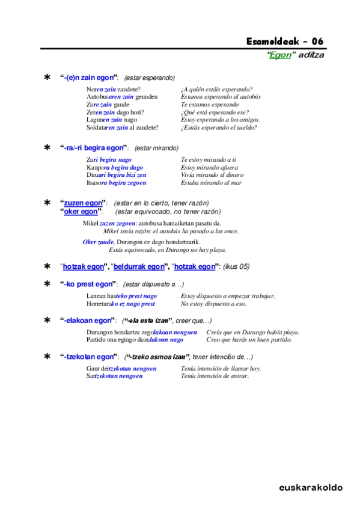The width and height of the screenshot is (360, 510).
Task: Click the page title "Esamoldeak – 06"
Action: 285,41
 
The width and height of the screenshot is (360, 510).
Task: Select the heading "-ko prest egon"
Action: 89,284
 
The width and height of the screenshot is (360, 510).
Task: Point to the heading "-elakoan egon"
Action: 88,321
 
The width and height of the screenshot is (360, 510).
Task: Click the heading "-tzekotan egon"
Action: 89,357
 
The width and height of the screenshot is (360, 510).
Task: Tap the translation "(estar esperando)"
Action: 150,78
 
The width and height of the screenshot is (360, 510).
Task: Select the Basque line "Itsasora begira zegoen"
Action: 116,182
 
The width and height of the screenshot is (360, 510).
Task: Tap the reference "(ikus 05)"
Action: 236,266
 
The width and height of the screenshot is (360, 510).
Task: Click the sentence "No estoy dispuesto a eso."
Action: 213,304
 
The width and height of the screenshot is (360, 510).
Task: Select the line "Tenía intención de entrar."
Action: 215,376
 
